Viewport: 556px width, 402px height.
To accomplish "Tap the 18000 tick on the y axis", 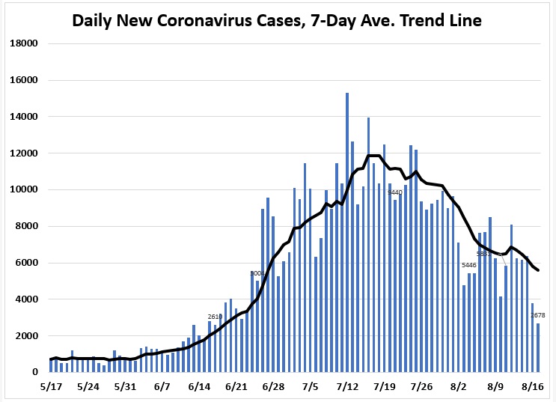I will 23,43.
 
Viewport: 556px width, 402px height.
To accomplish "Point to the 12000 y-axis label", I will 23,153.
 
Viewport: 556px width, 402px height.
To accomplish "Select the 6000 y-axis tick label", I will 25,263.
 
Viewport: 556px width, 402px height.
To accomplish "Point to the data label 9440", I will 395,192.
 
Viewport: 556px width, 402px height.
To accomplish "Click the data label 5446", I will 469,266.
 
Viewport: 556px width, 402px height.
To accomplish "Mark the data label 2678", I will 537,316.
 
